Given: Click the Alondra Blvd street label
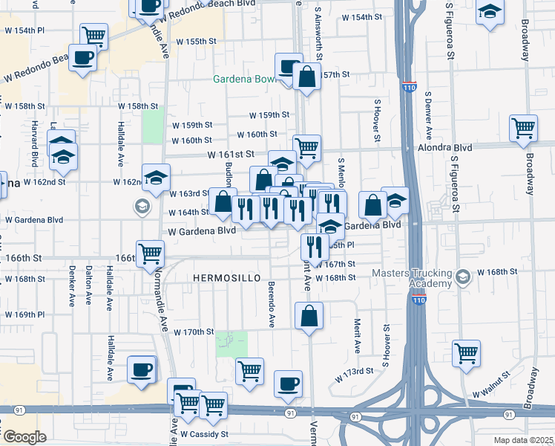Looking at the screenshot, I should pos(471,147).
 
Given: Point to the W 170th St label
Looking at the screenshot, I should pos(194,332).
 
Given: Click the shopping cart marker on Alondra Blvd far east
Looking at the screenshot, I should pos(523,128).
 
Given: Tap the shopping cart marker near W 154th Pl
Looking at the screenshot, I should pos(93,36).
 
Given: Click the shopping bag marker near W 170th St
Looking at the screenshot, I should pos(309,315).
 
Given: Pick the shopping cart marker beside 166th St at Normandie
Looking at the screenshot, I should pos(151,253).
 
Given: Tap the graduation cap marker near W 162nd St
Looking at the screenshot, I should pos(156,176).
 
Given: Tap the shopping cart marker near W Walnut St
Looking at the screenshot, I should pos(466,353).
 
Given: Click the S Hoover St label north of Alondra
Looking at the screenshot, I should pos(377,119).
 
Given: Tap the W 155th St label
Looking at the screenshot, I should pos(191,41).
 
